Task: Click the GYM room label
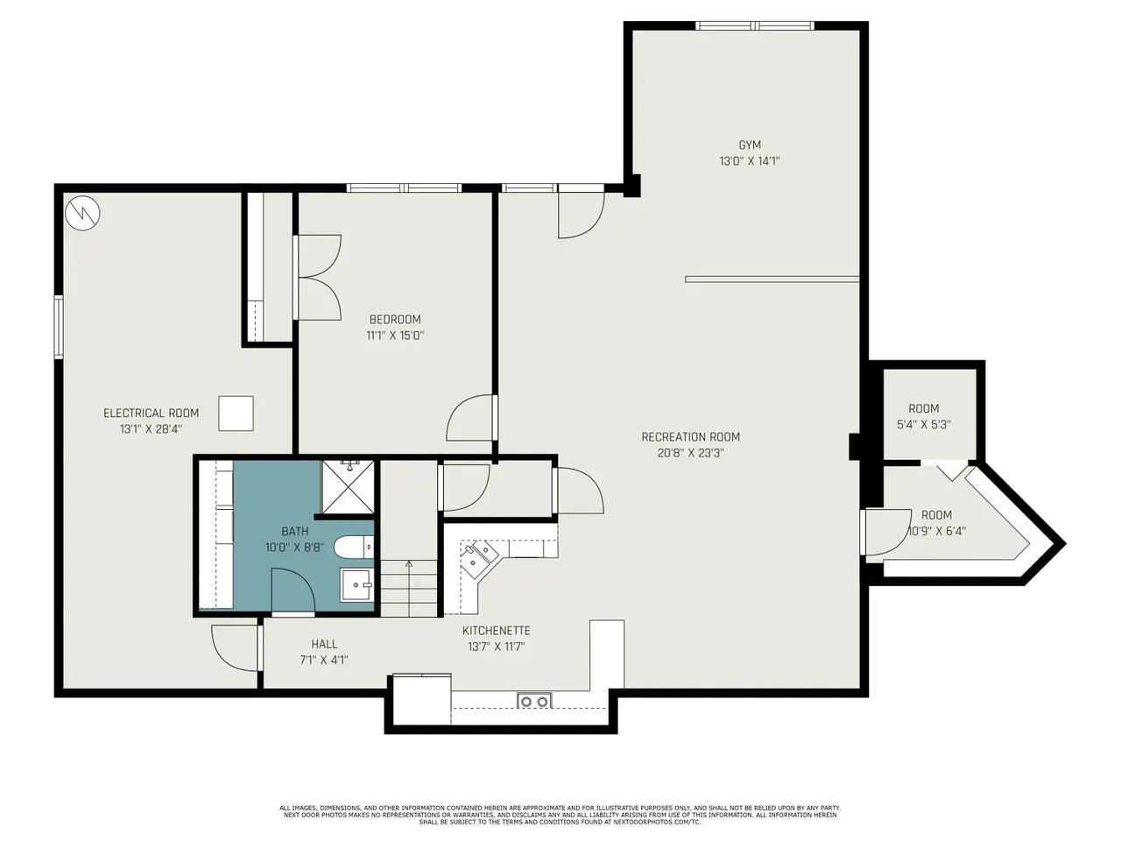[x=749, y=145]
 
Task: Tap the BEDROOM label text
[x=395, y=320]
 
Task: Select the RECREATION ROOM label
[x=690, y=437]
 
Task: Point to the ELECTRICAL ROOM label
[x=152, y=413]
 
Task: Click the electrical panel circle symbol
[x=82, y=213]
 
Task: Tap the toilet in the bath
[x=354, y=548]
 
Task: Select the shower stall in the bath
[x=348, y=486]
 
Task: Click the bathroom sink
[x=357, y=585]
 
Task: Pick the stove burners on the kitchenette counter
[x=535, y=702]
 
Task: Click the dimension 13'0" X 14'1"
[x=749, y=161]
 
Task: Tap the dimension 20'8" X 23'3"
[x=690, y=453]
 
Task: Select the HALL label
[x=324, y=645]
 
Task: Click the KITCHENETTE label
[x=497, y=631]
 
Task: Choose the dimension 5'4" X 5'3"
[x=923, y=424]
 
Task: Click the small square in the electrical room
[x=236, y=413]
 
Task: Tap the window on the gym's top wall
[x=755, y=25]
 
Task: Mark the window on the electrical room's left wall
[x=59, y=327]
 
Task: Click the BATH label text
[x=294, y=532]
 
